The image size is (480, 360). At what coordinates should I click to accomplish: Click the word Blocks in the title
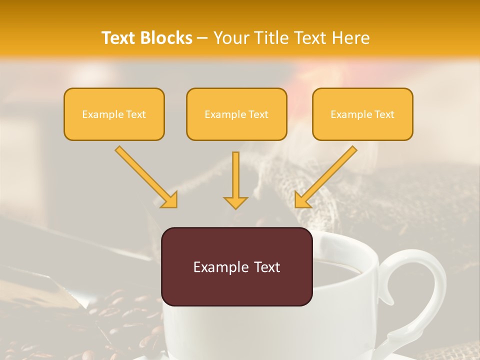tap(168, 38)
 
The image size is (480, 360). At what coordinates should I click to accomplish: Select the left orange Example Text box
tap(114, 114)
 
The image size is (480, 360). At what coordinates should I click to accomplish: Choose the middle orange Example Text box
tap(236, 114)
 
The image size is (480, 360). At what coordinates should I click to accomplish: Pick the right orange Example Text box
tap(362, 114)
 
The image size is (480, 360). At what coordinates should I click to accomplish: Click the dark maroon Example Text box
tap(236, 266)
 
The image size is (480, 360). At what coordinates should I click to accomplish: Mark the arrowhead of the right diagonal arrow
tap(302, 199)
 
